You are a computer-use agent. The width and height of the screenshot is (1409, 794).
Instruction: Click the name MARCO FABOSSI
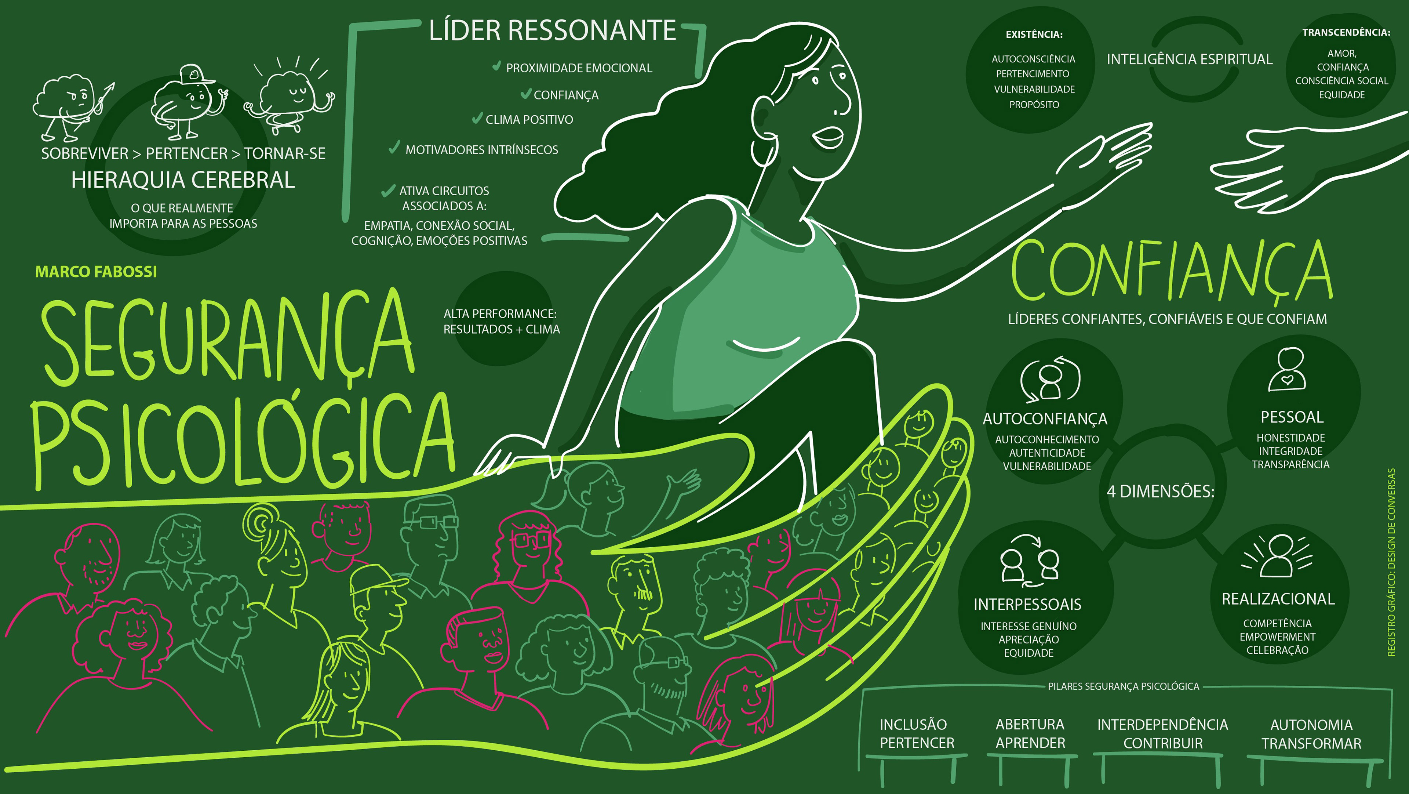click(x=96, y=272)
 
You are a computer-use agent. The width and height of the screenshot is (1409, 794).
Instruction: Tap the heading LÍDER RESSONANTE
click(x=553, y=30)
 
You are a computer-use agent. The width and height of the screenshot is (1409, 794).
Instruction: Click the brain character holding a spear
click(x=68, y=104)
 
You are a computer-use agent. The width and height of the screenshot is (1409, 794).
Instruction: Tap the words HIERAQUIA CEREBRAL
click(x=183, y=180)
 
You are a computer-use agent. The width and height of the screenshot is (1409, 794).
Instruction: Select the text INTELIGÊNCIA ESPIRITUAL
click(x=1189, y=59)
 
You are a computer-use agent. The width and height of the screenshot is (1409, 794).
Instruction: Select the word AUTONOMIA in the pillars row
click(x=1311, y=725)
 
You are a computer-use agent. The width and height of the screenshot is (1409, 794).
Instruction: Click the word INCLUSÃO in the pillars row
click(x=913, y=725)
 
